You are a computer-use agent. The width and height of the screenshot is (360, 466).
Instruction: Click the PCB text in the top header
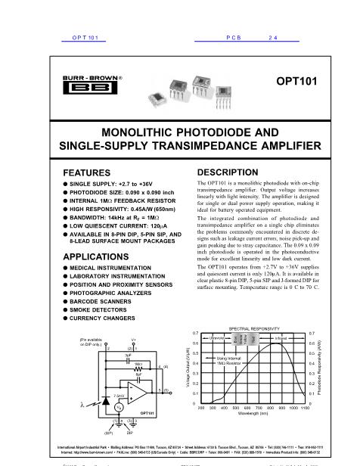[234, 36]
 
